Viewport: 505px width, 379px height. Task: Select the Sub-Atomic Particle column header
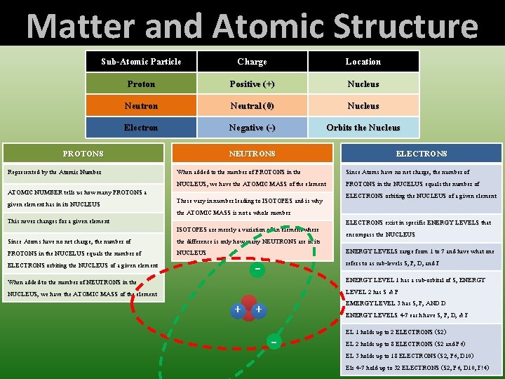pos(141,62)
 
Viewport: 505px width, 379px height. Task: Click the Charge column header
pos(252,62)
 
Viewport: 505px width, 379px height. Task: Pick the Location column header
pos(363,62)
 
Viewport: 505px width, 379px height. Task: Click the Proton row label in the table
pos(141,84)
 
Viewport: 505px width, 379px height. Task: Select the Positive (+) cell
pos(252,84)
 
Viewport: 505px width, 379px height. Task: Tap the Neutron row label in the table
pos(141,106)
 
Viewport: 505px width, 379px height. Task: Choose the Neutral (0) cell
pos(252,106)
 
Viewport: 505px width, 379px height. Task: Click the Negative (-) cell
pos(252,128)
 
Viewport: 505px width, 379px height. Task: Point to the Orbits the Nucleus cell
pos(363,128)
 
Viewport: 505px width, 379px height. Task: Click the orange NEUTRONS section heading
pos(252,154)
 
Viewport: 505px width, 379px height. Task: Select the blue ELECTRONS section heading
pos(421,154)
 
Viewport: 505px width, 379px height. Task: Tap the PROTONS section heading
pos(83,154)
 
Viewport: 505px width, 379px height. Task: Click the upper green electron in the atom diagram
pos(259,270)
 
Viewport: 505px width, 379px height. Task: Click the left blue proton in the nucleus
pos(239,310)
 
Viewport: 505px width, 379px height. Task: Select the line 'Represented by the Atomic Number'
pos(55,172)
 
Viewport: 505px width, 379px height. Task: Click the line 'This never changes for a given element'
pos(59,221)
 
